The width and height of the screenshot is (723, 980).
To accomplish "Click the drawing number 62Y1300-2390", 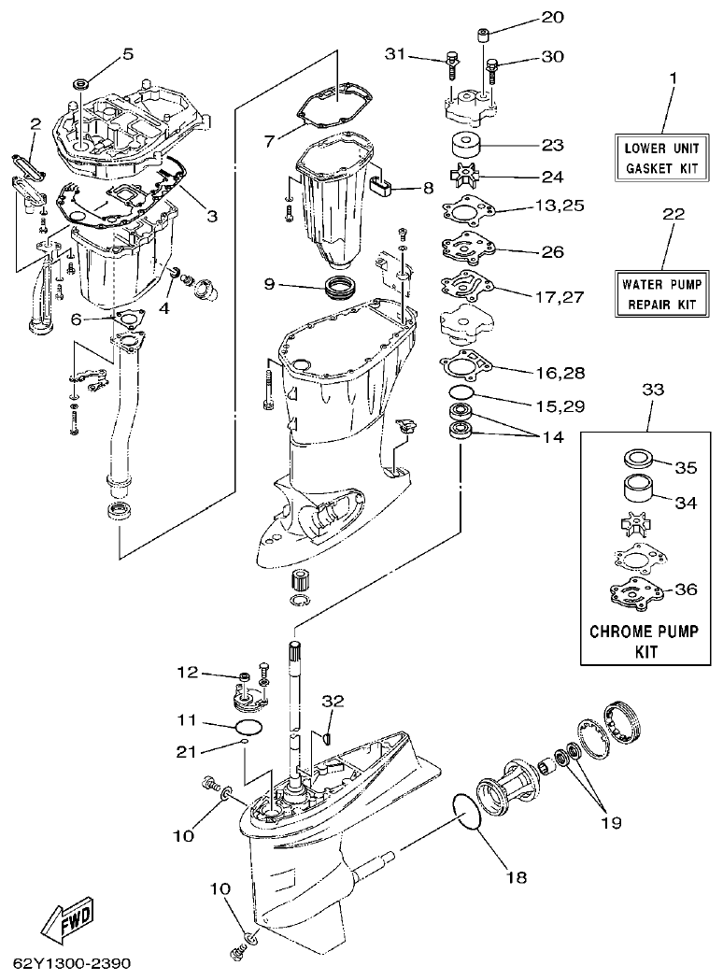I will tap(73, 963).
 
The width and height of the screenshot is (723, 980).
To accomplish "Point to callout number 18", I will tap(517, 877).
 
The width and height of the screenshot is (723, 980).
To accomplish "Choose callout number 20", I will tap(552, 18).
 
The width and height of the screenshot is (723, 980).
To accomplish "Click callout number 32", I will tap(333, 700).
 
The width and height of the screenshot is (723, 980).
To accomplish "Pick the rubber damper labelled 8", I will tap(379, 183).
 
